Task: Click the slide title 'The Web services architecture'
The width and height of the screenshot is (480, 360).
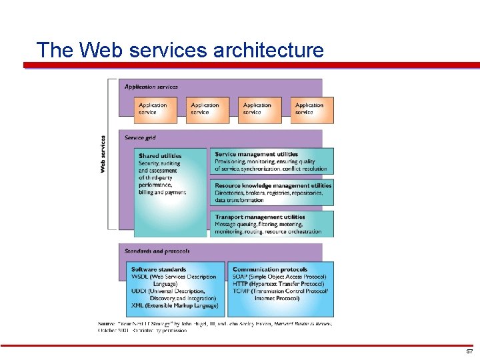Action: (180, 50)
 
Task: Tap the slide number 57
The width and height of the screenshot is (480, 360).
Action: (469, 351)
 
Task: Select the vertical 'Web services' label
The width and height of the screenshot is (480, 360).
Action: (103, 155)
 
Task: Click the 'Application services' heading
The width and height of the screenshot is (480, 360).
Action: (151, 87)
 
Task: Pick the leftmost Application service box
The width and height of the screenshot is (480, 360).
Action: (155, 109)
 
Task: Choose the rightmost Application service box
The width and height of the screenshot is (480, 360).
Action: (312, 109)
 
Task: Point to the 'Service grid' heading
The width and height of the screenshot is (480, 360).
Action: (140, 138)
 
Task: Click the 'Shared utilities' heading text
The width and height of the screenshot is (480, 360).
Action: (160, 156)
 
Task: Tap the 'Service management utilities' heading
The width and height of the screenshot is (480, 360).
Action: (256, 154)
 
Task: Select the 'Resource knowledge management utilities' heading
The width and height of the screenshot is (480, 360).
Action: (273, 185)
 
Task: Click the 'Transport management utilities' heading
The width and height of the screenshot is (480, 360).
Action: (259, 217)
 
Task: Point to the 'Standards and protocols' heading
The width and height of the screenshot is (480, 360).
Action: (157, 251)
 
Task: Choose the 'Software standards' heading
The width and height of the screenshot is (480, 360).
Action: (159, 269)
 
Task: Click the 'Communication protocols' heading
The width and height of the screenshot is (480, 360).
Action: (269, 269)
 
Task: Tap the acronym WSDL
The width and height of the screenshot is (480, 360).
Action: (140, 277)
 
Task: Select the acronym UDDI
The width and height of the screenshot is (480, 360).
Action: (139, 291)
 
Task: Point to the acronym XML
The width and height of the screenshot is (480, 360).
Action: (138, 305)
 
